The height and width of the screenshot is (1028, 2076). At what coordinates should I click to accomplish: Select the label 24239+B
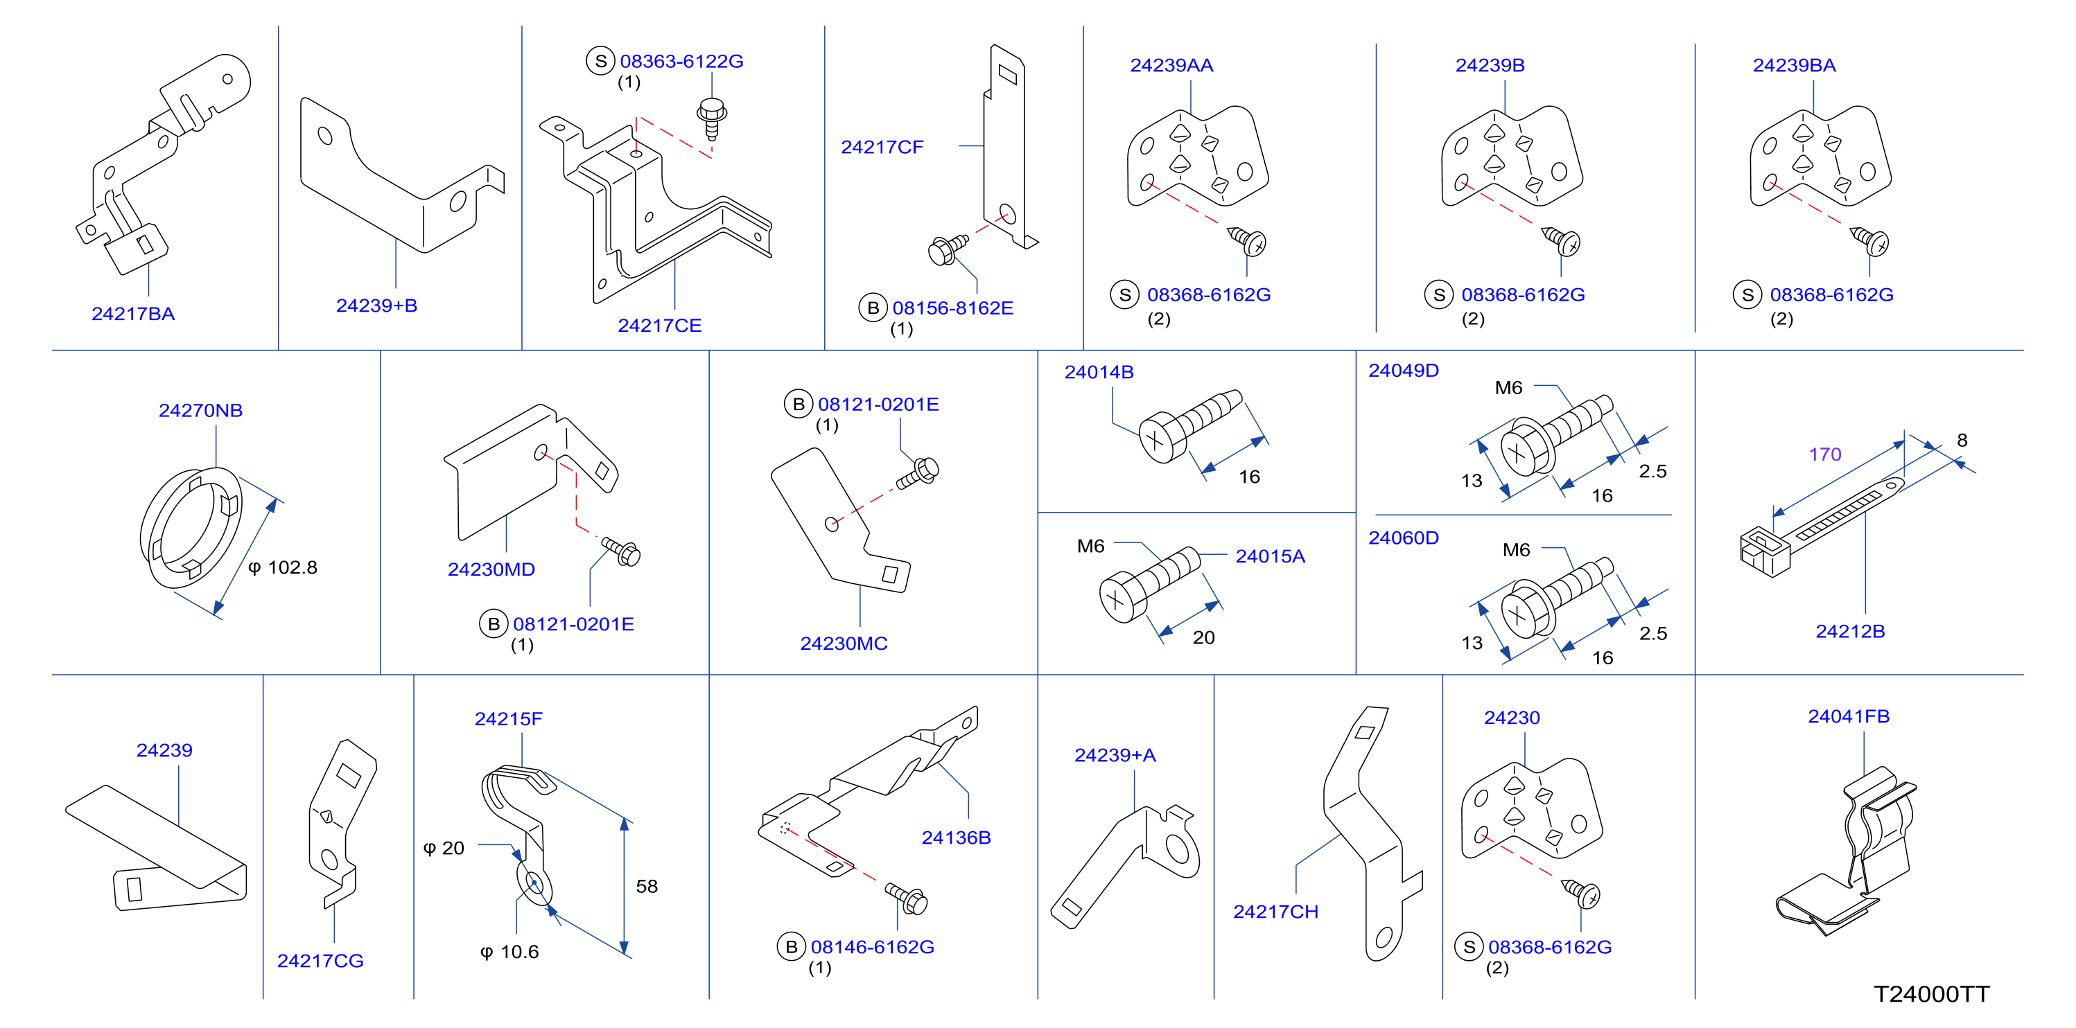pos(376,305)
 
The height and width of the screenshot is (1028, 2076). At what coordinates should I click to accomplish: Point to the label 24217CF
pos(882,147)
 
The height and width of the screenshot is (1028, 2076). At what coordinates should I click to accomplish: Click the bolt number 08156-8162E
pos(952,308)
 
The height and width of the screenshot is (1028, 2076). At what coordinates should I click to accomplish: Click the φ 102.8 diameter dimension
pos(283,567)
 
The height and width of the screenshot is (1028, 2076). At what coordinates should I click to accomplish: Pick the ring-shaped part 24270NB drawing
pos(191,528)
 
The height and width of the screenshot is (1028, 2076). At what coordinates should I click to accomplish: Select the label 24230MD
pos(491,569)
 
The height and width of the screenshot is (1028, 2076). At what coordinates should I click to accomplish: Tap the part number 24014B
pos(1099,372)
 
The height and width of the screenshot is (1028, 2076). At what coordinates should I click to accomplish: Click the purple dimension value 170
pos(1824,454)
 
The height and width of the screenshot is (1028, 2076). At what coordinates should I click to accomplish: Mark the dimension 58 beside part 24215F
pos(646,886)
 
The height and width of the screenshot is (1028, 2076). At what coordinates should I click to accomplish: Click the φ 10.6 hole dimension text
pos(509,952)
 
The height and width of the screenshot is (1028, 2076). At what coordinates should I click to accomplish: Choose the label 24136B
pos(956,838)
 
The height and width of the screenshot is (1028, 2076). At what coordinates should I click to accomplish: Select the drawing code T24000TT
pos(1931,994)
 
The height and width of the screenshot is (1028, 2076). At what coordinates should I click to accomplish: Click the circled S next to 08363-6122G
pos(600,61)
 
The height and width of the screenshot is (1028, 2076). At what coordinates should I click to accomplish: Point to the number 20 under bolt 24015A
pos(1203,637)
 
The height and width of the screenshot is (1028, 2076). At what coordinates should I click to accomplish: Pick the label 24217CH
pos(1275,912)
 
